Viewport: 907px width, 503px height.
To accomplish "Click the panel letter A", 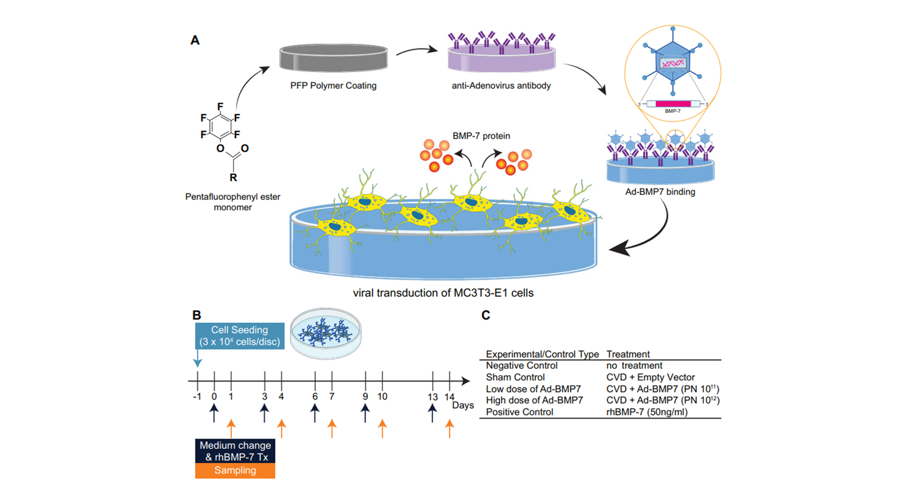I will coord(195,40).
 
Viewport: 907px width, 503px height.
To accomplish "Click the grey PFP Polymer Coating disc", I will coord(334,58).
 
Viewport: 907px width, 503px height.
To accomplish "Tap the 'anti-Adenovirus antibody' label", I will coord(501,86).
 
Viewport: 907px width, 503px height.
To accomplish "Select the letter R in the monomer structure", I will coord(233,177).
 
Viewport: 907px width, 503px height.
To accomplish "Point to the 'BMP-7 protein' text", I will coord(481,136).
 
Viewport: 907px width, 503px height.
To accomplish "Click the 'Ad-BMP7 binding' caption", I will coord(660,192).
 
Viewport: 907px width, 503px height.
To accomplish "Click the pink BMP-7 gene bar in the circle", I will coord(673,104).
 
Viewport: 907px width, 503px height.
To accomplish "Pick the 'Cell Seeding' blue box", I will coord(240,336).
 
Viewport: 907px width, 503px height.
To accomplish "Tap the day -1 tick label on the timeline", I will coord(197,397).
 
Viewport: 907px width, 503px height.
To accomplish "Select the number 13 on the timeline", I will coord(432,397).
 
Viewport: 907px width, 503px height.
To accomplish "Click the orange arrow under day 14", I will coord(450,428).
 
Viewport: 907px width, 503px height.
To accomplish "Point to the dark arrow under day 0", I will coord(214,413).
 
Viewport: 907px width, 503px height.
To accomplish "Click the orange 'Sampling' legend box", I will coord(235,470).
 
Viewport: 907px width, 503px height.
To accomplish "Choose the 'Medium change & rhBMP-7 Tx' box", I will coord(235,451).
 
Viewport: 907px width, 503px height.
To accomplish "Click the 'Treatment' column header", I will coord(628,354).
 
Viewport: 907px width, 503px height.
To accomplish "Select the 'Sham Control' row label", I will coord(515,377).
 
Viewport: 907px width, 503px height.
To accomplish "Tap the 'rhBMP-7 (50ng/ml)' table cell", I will coord(647,412).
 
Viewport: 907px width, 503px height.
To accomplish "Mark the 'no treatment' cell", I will coord(634,366).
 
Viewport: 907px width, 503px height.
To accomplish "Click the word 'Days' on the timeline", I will coord(462,405).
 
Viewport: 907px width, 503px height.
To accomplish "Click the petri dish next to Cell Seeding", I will coord(325,333).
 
